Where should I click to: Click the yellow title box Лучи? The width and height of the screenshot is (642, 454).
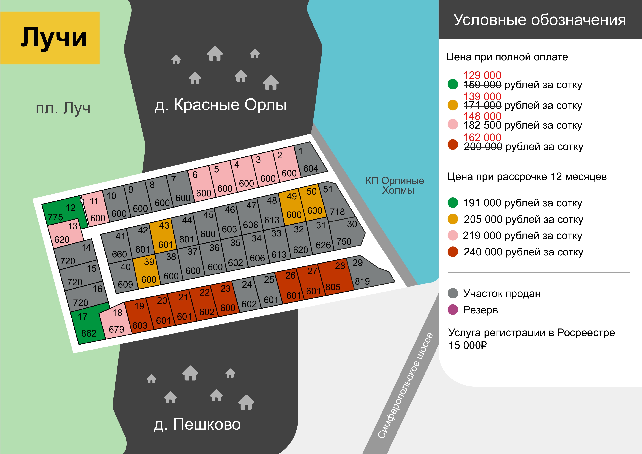point(50,38)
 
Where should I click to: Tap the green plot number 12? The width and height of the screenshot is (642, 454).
point(64,212)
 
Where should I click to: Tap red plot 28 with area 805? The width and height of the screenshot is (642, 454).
point(336,278)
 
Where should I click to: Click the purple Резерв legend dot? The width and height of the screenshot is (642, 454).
point(453,309)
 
